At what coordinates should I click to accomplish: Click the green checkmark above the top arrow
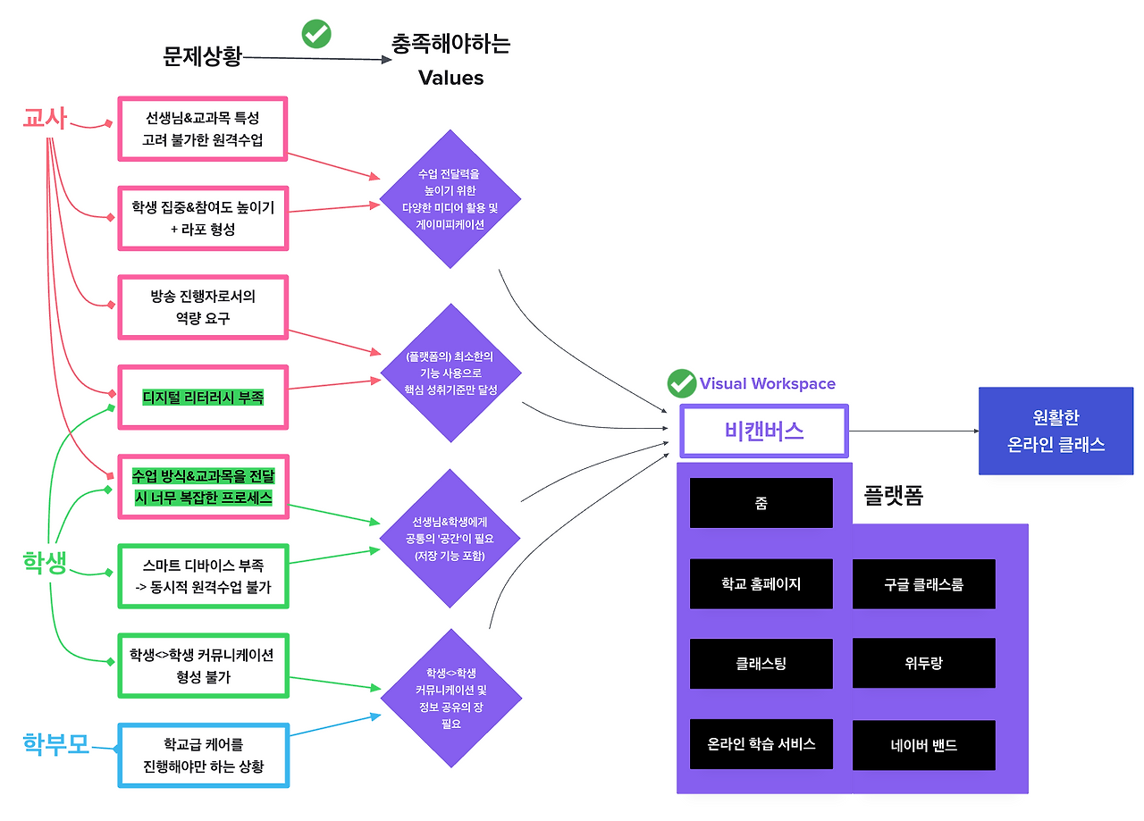pos(316,34)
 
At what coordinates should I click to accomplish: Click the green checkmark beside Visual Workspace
pos(682,383)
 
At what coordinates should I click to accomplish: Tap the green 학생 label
pos(45,563)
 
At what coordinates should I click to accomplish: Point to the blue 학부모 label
pos(56,744)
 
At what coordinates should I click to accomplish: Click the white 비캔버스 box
pos(764,431)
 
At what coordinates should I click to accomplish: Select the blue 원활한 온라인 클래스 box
pos(1056,431)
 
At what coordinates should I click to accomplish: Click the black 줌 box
pos(761,503)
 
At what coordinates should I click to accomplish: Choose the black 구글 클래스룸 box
pos(924,584)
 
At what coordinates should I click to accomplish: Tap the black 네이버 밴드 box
pos(924,745)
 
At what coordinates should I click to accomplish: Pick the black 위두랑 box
pos(924,663)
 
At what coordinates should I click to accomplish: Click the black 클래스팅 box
pos(761,664)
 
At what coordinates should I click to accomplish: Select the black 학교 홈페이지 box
pos(761,583)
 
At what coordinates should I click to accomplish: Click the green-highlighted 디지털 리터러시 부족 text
pos(203,398)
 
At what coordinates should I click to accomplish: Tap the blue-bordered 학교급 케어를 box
pos(204,756)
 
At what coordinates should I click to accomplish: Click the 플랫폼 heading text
pos(893,495)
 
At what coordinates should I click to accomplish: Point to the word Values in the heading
pos(451,78)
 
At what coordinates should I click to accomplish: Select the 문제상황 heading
pos(202,56)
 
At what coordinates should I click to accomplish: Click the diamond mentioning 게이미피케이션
pos(450,199)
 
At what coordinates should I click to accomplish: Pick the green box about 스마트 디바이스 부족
pos(204,576)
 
